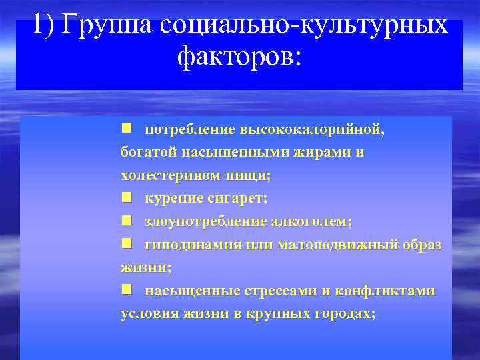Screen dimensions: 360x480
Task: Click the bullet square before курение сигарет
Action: tap(127, 198)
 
